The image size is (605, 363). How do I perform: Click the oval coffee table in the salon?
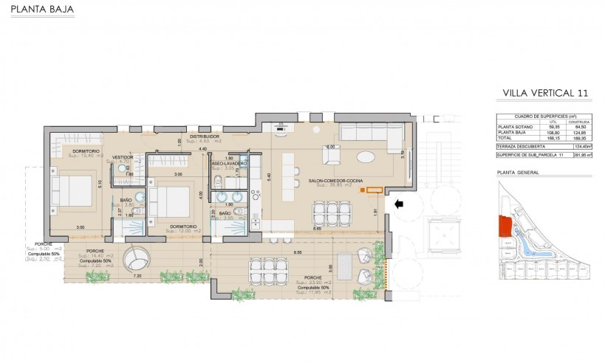(367, 156)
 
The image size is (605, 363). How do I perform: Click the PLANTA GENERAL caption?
(519, 173)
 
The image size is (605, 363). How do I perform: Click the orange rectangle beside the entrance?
(374, 191)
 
